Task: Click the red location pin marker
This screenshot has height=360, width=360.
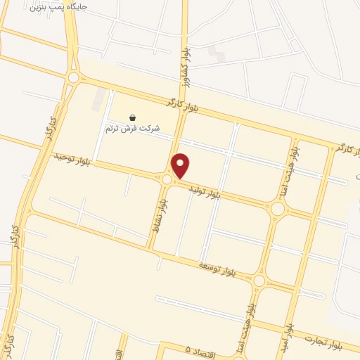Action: (181, 165)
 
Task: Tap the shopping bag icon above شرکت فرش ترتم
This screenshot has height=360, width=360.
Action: (133, 117)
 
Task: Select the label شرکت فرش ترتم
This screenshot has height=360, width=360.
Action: (133, 129)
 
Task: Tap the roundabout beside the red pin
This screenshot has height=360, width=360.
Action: (167, 180)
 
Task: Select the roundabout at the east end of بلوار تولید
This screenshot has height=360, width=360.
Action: (278, 209)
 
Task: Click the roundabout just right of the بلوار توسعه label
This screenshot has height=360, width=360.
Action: (259, 281)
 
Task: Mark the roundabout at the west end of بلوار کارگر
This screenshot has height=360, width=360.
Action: (73, 77)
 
